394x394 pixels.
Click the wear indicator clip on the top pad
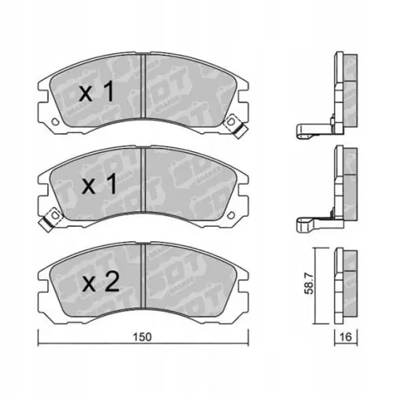[x=231, y=123]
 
